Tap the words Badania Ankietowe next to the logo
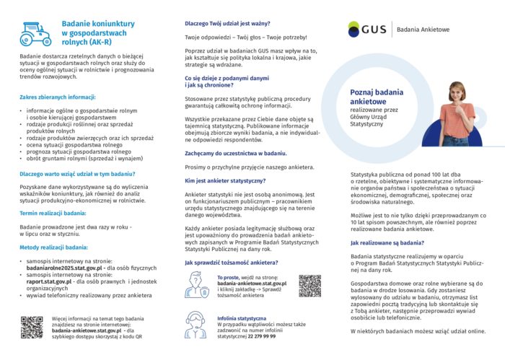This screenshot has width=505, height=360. pos(423,30)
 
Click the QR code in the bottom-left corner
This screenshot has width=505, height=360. pos(31,326)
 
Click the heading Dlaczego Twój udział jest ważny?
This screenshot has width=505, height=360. pos(229,22)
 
